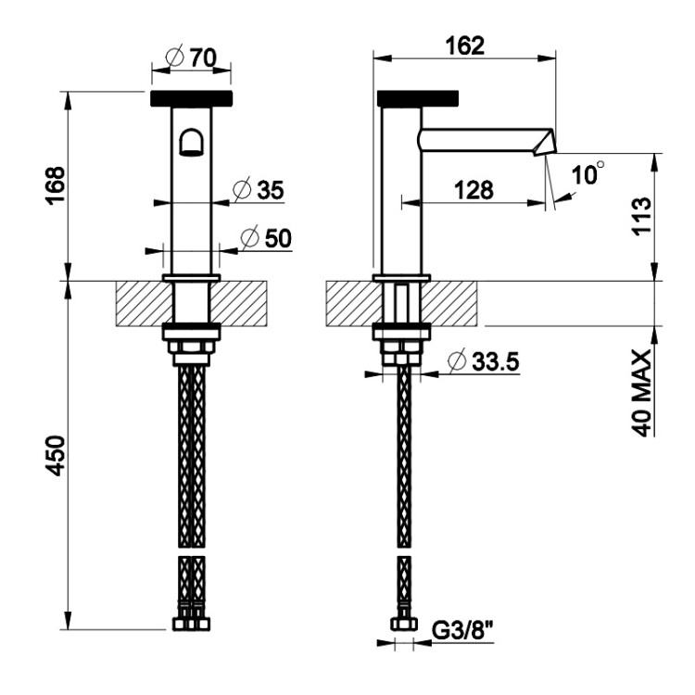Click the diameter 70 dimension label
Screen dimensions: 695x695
click(x=191, y=57)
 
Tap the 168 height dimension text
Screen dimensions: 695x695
click(x=56, y=184)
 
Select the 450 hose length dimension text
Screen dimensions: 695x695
click(x=56, y=455)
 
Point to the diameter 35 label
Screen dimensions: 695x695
click(x=259, y=191)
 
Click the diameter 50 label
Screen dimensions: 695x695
click(x=266, y=238)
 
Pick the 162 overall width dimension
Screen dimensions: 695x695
click(x=465, y=46)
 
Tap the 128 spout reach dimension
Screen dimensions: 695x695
click(x=474, y=191)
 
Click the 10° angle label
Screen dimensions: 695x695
click(x=588, y=173)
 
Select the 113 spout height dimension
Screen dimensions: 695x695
click(x=642, y=216)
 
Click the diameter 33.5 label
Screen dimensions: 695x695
click(x=483, y=361)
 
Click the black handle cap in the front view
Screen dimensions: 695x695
click(x=192, y=98)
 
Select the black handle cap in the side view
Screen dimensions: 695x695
click(x=418, y=98)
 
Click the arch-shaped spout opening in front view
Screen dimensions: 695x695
click(x=191, y=143)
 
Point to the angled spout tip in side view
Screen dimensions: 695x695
click(x=543, y=142)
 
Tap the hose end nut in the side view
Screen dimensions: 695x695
click(x=404, y=624)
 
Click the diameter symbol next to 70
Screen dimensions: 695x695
click(x=174, y=57)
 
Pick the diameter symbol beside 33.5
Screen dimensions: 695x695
click(x=457, y=361)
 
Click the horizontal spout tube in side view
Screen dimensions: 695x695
click(x=481, y=140)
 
